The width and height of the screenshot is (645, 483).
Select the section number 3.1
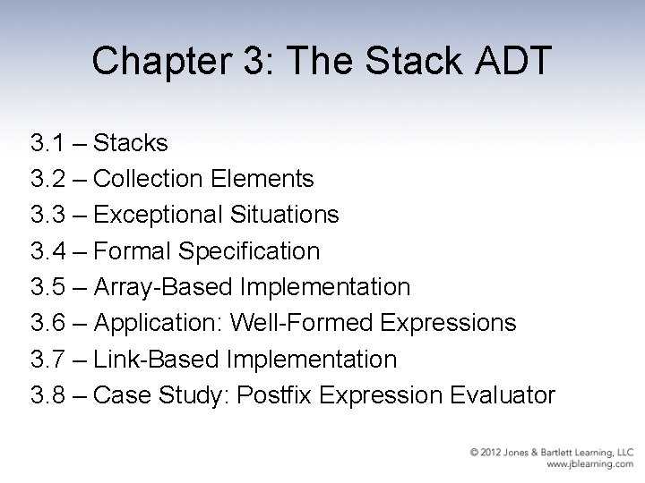click(47, 142)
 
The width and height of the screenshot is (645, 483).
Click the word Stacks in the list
click(131, 142)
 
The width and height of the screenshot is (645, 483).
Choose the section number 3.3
click(47, 215)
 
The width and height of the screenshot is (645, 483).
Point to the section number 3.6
click(47, 323)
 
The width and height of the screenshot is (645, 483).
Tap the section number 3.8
click(47, 395)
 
